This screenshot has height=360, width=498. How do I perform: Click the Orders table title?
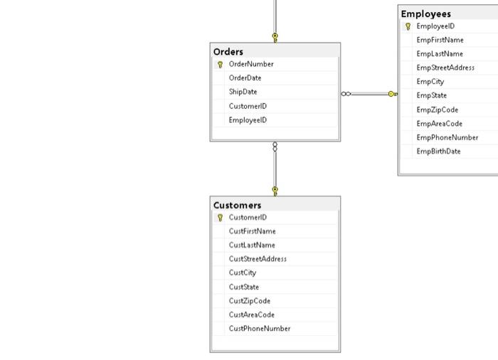(228, 52)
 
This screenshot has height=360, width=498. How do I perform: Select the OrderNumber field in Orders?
(251, 64)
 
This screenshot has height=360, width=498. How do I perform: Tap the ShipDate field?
(243, 92)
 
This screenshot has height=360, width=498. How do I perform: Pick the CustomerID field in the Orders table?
(248, 106)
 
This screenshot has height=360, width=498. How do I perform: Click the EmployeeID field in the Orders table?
(248, 120)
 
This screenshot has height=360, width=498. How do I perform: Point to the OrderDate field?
(245, 78)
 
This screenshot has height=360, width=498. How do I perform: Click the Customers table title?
(237, 206)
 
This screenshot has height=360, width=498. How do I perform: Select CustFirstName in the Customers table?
(252, 231)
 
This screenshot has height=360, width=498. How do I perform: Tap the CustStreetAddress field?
(258, 259)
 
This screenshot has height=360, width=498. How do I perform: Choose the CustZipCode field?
(250, 301)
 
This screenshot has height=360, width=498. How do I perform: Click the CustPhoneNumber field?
(260, 329)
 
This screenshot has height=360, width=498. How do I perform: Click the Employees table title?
(425, 14)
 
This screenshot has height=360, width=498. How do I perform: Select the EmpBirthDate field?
(438, 151)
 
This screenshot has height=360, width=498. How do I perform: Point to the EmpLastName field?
(440, 54)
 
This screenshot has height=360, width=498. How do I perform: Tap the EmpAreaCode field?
(439, 124)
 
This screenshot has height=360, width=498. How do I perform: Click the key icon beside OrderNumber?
(220, 65)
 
